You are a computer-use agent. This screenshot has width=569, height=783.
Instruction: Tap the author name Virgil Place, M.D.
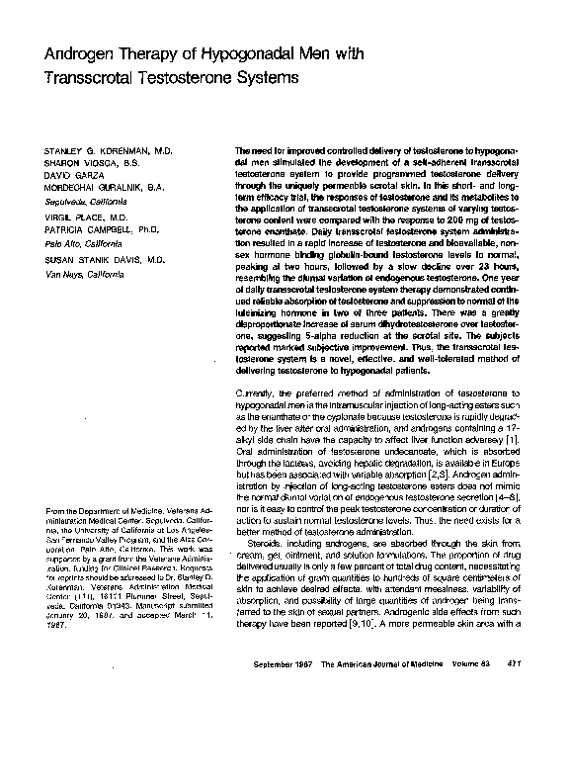[x=79, y=215]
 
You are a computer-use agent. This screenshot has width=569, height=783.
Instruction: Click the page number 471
[x=512, y=746]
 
